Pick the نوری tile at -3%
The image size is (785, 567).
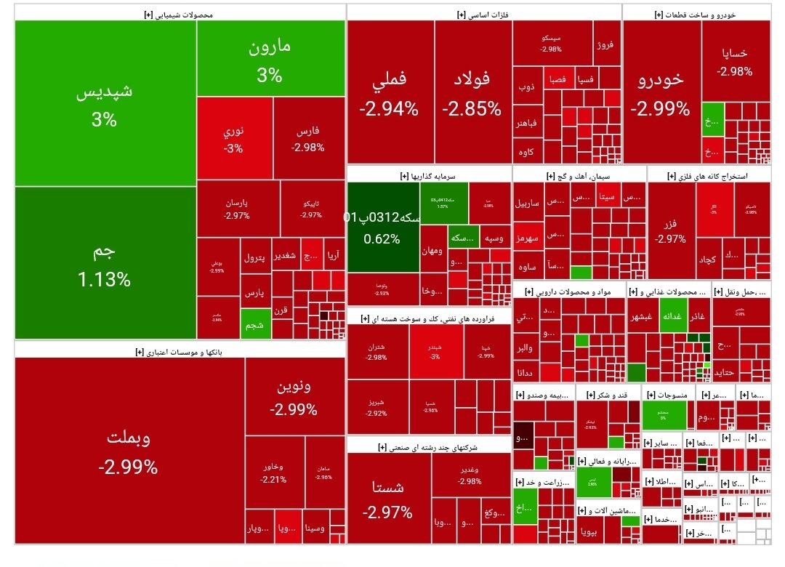point(233,139)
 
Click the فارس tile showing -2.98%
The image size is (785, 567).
point(307,139)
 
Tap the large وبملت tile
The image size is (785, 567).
point(129,451)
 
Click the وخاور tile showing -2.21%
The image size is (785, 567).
point(273,472)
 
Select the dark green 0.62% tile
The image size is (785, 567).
point(382,227)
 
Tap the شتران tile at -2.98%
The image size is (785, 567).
point(377,352)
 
